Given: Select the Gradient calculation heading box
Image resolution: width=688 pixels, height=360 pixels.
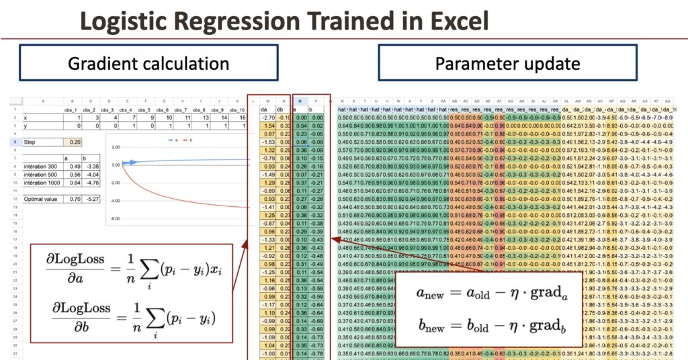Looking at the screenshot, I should click(148, 64).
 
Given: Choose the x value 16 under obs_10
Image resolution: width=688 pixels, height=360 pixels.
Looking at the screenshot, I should click(240, 117).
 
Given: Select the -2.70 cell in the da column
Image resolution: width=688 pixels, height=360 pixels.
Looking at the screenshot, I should click(265, 117).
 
